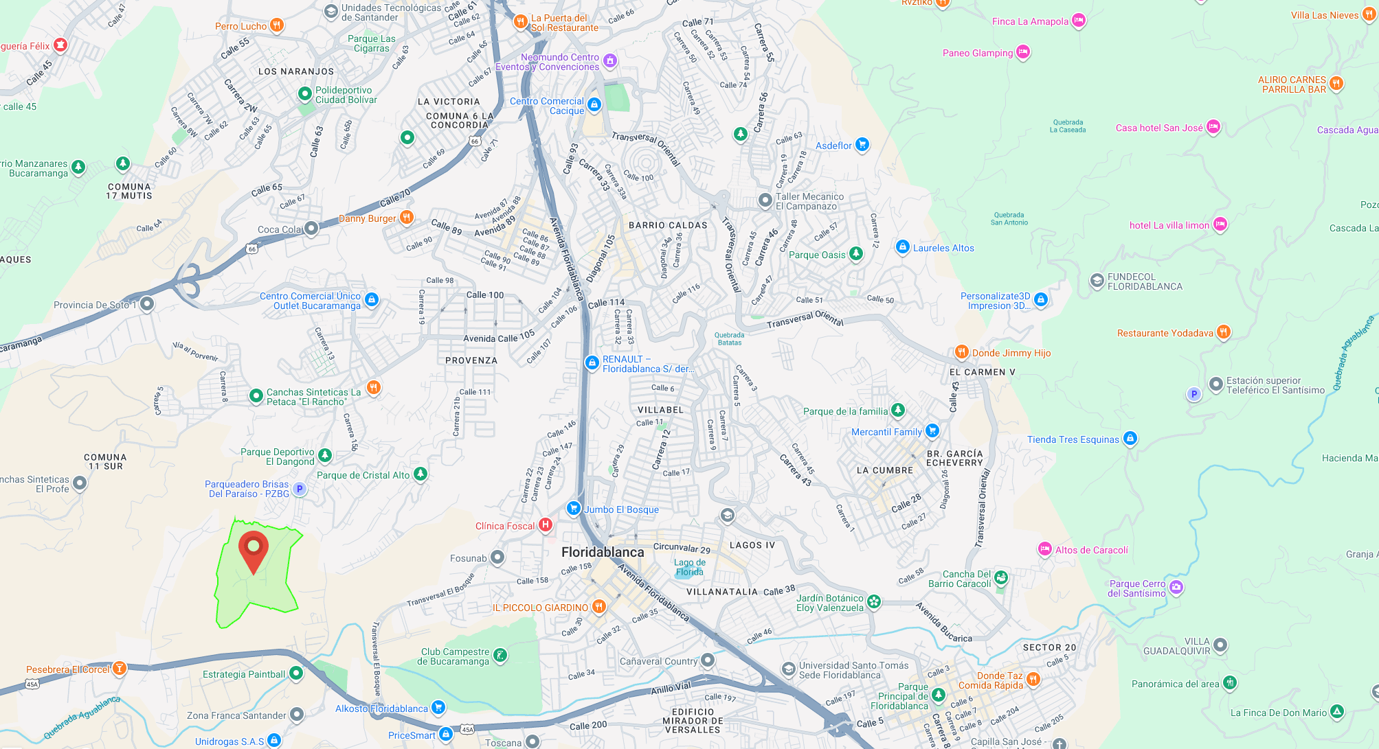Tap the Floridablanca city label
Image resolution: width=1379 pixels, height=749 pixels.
point(603,552)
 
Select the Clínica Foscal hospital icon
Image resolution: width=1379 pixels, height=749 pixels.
point(546,525)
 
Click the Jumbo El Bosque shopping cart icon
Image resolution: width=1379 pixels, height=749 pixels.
point(573,508)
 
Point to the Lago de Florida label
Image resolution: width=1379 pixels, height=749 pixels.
point(689,567)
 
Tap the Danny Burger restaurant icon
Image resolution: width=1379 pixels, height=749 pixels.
point(407,218)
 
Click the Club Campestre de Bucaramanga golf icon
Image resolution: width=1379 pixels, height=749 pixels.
point(500,656)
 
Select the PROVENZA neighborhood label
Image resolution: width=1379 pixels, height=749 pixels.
point(471,360)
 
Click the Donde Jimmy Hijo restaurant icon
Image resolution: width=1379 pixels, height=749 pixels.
point(961,352)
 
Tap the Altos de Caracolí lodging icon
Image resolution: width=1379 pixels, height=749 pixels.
point(1044,549)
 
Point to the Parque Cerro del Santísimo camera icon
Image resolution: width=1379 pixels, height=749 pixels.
point(1176,587)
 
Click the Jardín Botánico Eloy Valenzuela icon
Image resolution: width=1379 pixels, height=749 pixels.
point(873,602)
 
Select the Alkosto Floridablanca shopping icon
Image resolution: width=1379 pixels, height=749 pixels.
point(438,707)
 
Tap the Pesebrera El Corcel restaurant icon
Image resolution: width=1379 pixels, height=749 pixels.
point(120,668)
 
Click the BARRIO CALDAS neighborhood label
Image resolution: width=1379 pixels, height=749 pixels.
point(668,225)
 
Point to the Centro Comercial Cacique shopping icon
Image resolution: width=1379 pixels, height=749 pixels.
point(594,104)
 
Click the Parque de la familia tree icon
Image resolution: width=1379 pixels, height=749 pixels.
point(897,410)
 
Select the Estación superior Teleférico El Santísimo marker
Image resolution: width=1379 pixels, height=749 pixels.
point(1215,384)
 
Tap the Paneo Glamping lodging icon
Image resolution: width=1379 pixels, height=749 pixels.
point(1022,51)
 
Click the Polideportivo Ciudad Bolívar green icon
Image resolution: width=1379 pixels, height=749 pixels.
point(305,93)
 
